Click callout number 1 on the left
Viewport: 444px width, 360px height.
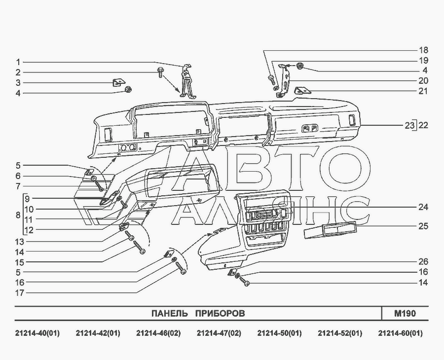(18, 62)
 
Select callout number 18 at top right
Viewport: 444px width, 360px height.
(423, 50)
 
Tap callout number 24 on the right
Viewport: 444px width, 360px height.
(423, 208)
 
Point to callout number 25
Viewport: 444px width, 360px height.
(423, 226)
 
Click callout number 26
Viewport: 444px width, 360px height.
(423, 262)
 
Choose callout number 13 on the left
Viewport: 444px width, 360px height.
(20, 242)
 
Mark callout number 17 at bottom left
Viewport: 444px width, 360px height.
(20, 292)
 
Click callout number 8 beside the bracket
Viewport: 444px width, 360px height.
(18, 215)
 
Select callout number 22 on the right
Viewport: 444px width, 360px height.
(423, 125)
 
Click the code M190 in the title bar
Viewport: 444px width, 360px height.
(405, 314)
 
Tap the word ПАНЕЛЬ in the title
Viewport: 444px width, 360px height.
(170, 314)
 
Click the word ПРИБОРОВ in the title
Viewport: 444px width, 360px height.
(220, 314)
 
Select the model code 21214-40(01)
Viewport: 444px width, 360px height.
(37, 333)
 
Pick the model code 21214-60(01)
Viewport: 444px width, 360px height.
(401, 333)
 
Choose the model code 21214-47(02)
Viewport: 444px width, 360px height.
(219, 333)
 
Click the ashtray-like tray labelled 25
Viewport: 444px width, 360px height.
(330, 230)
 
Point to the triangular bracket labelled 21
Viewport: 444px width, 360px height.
(303, 91)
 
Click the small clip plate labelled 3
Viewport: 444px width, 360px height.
(118, 83)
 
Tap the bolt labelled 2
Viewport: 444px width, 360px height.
(160, 72)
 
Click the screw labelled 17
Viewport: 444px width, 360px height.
(181, 268)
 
